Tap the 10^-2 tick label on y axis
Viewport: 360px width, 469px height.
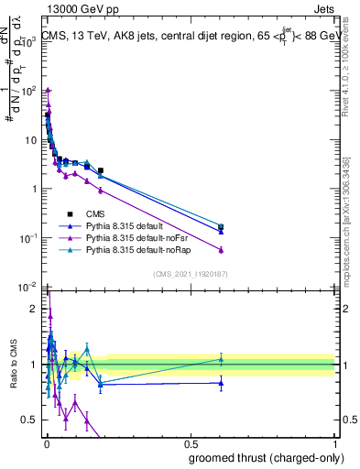pyautogui.click(x=28, y=288)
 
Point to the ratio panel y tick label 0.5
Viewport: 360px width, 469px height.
pyautogui.click(x=30, y=420)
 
